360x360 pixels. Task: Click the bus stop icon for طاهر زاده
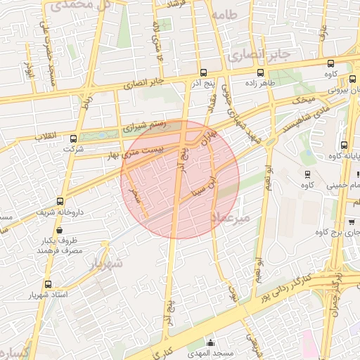261,72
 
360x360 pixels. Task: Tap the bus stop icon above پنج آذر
204,72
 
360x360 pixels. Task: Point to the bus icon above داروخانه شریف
60,201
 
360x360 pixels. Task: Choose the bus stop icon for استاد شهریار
48,284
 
